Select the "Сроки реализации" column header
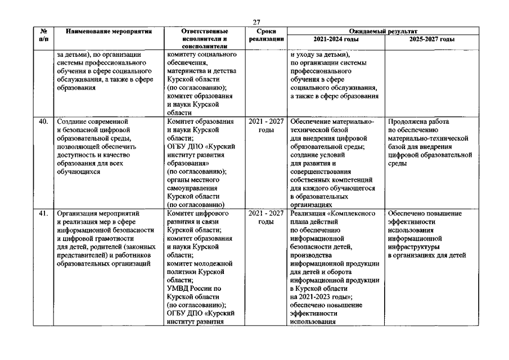click(265, 35)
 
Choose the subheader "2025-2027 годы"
click(432, 39)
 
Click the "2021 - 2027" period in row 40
click(265, 121)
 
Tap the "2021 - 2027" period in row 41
click(265, 214)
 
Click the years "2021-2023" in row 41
click(315, 296)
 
